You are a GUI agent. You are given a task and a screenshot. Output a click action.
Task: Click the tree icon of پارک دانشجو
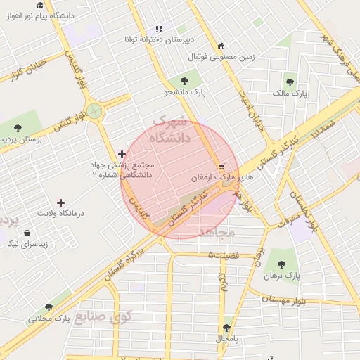184,81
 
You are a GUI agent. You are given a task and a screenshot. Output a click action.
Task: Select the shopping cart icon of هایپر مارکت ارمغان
222,167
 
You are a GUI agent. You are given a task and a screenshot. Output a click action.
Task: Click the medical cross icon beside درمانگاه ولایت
60,202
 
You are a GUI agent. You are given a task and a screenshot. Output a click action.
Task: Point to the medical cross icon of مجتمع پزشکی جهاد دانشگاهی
122,154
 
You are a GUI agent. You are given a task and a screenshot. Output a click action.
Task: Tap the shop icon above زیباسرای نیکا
27,233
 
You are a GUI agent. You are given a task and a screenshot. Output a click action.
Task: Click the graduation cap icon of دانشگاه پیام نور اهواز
40,5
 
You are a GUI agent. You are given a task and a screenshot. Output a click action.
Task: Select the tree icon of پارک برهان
281,264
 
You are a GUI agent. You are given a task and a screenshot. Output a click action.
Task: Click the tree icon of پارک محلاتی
49,307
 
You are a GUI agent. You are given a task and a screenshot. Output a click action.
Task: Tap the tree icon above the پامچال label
227,328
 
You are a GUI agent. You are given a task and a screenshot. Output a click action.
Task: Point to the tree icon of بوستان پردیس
18,129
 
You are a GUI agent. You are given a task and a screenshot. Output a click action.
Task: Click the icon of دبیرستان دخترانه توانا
159,29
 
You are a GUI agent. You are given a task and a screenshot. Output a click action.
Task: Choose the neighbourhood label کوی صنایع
105,317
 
